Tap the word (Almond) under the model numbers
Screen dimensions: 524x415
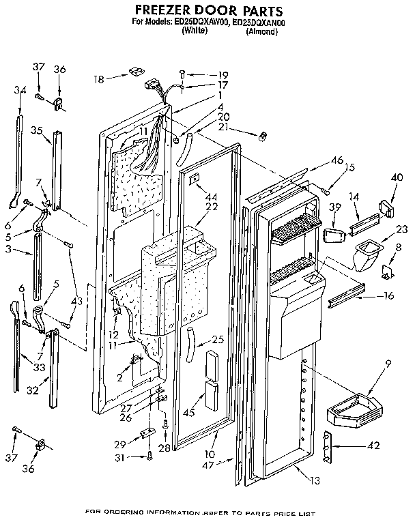pos(261,31)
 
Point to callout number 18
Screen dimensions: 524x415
pos(100,79)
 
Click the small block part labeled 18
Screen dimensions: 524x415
pos(134,72)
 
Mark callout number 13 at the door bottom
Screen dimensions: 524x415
pos(313,480)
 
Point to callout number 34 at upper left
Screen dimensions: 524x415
pos(20,90)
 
